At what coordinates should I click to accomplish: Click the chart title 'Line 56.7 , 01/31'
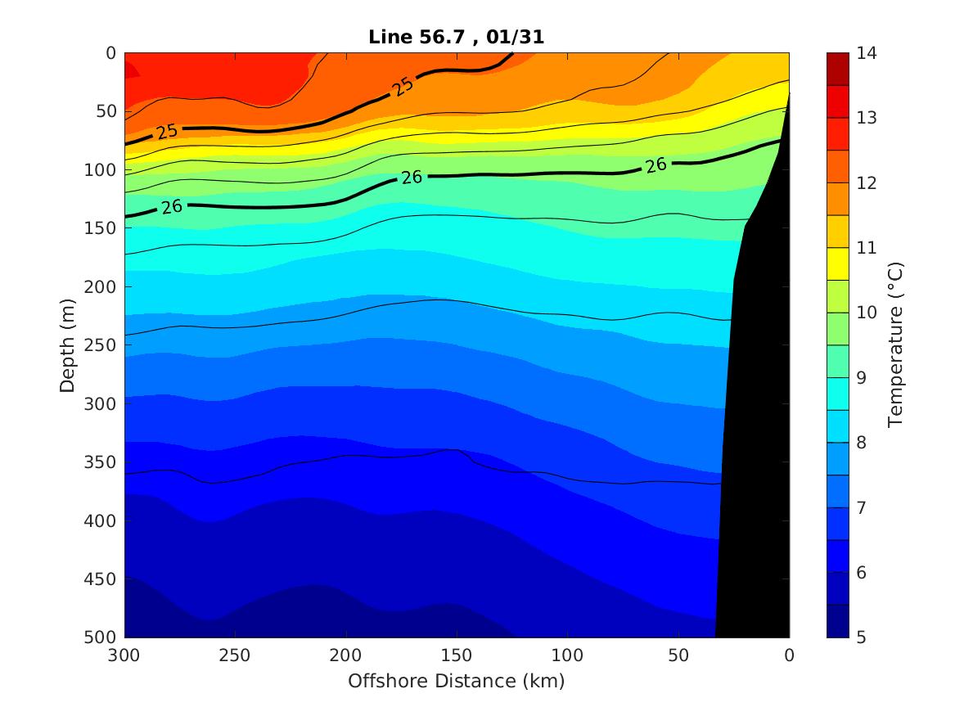click(457, 36)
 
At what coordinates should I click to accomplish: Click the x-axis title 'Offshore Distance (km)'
click(457, 681)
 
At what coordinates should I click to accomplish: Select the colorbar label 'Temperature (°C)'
click(895, 344)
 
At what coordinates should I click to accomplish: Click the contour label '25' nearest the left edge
click(168, 131)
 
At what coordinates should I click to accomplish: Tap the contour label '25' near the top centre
click(401, 86)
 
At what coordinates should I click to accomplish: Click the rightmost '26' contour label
click(655, 165)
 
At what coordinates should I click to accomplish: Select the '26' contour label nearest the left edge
click(172, 207)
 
